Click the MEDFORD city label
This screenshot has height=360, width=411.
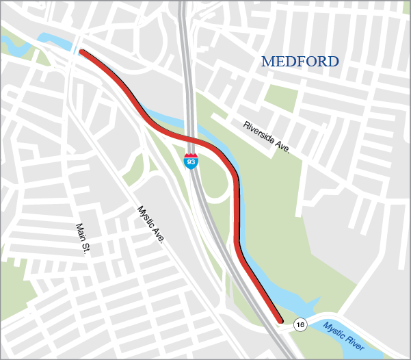pos(300,62)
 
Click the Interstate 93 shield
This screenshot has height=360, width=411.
pos(192,162)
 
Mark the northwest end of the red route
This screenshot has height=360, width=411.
pos(81,51)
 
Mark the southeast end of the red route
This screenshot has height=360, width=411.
pos(280,320)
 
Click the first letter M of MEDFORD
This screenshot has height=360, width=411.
pos(268,62)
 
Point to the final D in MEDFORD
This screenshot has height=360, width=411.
pos(333,62)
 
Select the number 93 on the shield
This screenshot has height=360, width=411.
pos(192,163)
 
